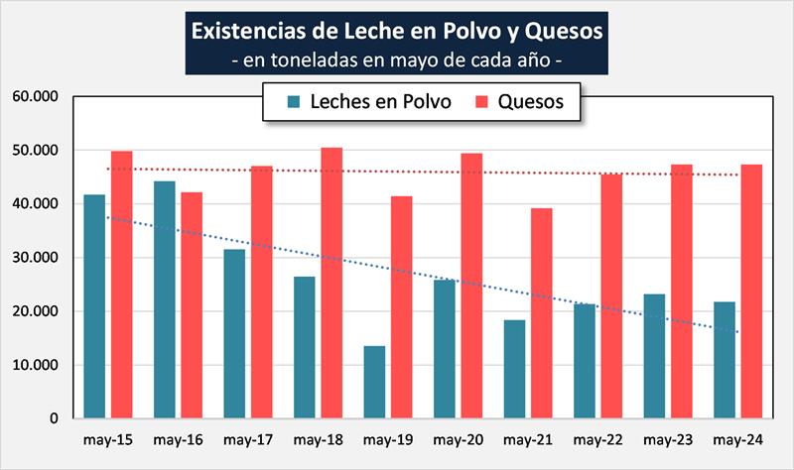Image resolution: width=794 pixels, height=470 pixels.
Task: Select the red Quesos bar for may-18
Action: [x=331, y=283]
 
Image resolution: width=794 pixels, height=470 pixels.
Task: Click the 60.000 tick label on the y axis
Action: [x=34, y=97]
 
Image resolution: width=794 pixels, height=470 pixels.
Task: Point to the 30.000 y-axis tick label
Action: [x=34, y=258]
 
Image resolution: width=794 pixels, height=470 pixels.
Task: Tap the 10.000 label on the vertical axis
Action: [x=34, y=365]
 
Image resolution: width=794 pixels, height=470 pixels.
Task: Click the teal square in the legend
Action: [x=293, y=101]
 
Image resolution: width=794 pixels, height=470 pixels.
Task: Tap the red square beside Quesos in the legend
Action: [x=482, y=101]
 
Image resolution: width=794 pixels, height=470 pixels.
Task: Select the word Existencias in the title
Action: [x=247, y=31]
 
